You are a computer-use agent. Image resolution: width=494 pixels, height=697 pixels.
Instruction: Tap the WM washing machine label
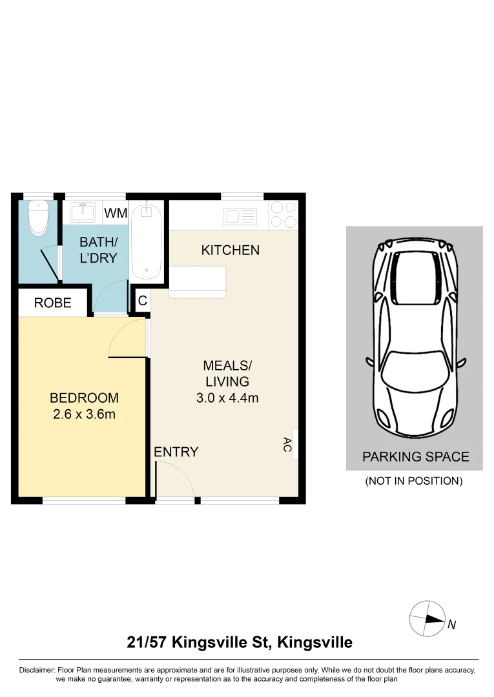pos(115,213)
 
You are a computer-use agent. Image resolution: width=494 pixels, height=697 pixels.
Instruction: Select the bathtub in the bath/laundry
pos(148,240)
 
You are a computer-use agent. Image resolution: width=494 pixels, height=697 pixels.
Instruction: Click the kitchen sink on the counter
pos(240,216)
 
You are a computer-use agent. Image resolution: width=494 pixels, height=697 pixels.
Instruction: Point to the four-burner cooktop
pos(283,215)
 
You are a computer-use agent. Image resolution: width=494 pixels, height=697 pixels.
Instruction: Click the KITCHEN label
pos(231,250)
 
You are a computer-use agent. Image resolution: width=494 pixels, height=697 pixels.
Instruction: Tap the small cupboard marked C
pos(142,301)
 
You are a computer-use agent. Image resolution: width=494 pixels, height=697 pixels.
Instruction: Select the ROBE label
pos(53,303)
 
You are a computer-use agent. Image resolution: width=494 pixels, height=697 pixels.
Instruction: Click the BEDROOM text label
pos(84,398)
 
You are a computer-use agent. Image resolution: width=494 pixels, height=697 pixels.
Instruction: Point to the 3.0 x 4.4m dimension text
pos(227,398)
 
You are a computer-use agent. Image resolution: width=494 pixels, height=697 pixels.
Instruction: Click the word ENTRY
pos(176,452)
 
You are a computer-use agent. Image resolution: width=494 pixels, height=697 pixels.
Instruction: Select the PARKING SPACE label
pos(415,457)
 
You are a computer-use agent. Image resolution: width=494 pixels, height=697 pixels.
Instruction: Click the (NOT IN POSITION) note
pos(414,481)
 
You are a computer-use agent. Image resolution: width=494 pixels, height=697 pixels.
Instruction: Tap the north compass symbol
pos(427,618)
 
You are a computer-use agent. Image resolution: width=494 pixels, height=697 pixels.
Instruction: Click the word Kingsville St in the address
pos(221,643)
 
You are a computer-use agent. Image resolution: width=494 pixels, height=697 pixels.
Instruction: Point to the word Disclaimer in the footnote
pos(37,670)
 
